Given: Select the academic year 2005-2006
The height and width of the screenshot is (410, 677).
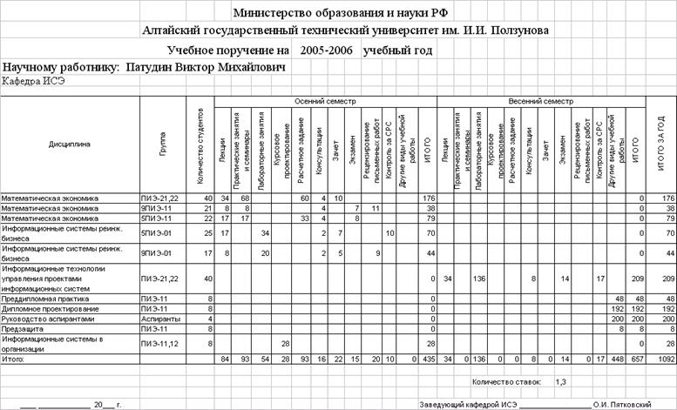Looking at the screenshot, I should [324, 50].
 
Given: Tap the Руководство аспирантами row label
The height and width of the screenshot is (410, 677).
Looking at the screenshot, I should [40, 319].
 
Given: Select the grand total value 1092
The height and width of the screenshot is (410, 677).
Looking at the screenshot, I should [664, 358].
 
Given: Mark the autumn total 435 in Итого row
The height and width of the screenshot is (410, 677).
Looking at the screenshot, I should [428, 358].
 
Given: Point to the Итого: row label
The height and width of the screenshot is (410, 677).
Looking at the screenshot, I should [13, 358].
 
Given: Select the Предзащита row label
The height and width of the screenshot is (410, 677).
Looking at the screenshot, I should [23, 329].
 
